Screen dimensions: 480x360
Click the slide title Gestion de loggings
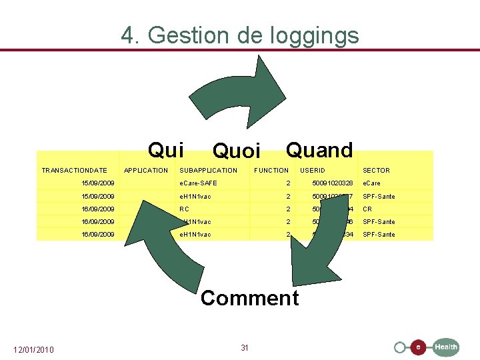coord(240,35)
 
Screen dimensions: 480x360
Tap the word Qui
coord(166,150)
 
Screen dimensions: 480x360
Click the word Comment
coord(249,298)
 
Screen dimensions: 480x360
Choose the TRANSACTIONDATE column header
coord(74,171)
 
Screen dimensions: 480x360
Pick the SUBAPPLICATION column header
coord(209,171)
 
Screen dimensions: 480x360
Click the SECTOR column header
coord(376,171)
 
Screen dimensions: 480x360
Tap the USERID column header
coord(313,171)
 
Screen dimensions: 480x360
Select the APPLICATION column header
coord(146,171)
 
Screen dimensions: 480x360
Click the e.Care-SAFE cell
coord(199,183)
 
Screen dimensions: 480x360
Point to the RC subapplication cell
coord(185,209)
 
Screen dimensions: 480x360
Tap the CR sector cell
coord(367,209)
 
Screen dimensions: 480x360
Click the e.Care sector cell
coord(372,183)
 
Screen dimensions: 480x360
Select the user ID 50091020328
coord(332,183)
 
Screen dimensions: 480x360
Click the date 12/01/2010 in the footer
coord(34,350)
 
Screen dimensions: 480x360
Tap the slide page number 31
coord(245,348)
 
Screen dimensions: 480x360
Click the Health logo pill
coord(445,347)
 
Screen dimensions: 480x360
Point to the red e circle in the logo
coord(418,347)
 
